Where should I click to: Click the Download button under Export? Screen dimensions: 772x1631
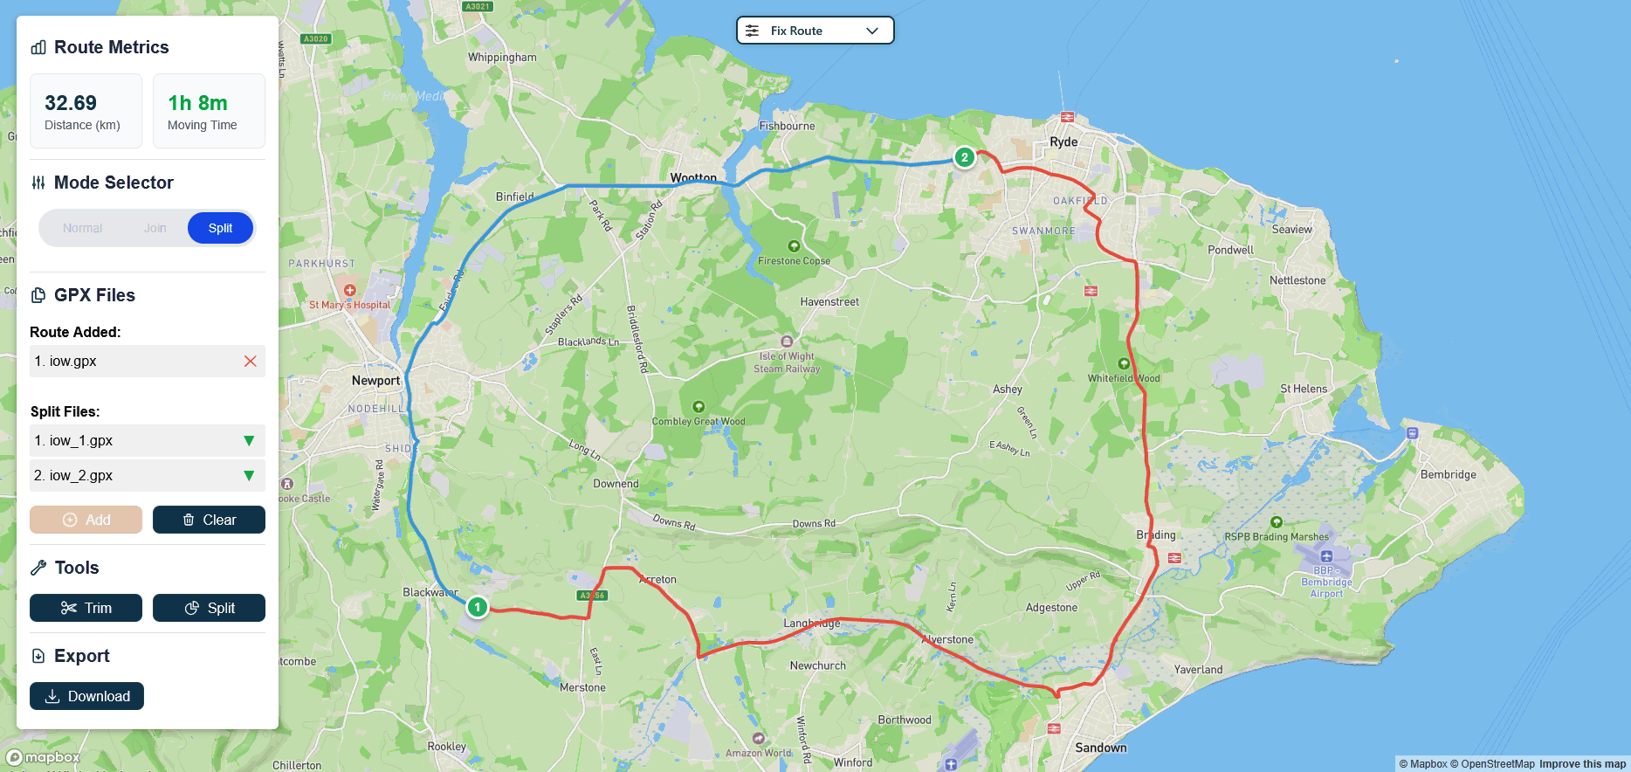(x=86, y=696)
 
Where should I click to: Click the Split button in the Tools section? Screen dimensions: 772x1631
(x=209, y=608)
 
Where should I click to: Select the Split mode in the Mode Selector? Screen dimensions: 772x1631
(x=220, y=228)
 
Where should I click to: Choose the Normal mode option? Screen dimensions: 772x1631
(x=83, y=228)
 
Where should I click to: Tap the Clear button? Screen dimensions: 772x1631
(x=209, y=520)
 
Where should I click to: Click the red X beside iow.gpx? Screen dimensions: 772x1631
(x=251, y=361)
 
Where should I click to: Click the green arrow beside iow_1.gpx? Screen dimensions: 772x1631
(x=249, y=441)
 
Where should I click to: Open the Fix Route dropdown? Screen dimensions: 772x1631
(x=815, y=31)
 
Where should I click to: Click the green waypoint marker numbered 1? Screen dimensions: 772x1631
(x=477, y=606)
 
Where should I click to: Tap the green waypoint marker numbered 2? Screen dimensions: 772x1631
(x=964, y=157)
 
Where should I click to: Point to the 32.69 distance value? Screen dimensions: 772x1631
(x=71, y=103)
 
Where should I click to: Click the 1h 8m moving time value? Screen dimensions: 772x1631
(x=197, y=103)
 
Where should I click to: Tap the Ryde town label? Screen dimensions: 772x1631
(x=1063, y=141)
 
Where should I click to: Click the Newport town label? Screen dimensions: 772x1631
(x=375, y=381)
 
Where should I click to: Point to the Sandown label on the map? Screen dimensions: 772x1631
(x=1101, y=748)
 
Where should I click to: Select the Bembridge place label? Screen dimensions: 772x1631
(x=1448, y=475)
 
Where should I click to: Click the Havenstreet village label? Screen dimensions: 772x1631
(x=829, y=302)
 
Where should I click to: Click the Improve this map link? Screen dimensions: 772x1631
(x=1582, y=764)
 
